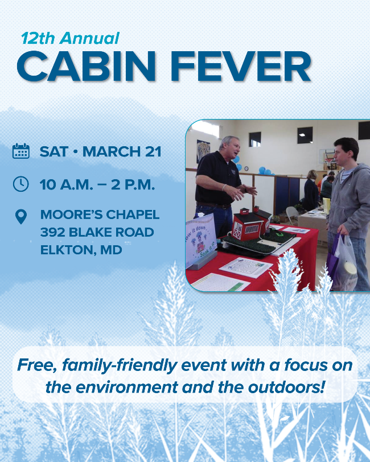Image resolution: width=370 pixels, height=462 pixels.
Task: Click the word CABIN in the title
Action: pos(86,66)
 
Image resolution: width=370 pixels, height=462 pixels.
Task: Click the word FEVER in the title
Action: pos(241,66)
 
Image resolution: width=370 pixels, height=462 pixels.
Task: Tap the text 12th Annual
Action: pos(70,38)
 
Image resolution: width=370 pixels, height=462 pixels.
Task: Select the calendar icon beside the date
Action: pos(21,151)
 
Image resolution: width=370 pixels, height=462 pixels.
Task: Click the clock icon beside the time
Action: pos(21,184)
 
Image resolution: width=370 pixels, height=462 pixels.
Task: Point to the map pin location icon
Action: pos(21,217)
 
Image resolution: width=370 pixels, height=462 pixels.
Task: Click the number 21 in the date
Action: pos(153,151)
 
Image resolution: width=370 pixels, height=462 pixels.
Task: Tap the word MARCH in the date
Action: pos(112,151)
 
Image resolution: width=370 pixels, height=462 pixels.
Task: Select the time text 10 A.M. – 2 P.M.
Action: pos(97,185)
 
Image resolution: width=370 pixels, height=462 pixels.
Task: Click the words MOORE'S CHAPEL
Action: pos(100,214)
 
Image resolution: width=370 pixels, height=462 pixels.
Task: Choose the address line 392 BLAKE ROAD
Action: pos(97,232)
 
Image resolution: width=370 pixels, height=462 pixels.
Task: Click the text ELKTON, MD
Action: pos(81,250)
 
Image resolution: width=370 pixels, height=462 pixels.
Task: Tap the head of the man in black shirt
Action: pos(229,147)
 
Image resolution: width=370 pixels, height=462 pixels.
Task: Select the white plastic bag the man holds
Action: pos(345,263)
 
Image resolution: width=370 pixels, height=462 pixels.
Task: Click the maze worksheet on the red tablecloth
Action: pos(245,267)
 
